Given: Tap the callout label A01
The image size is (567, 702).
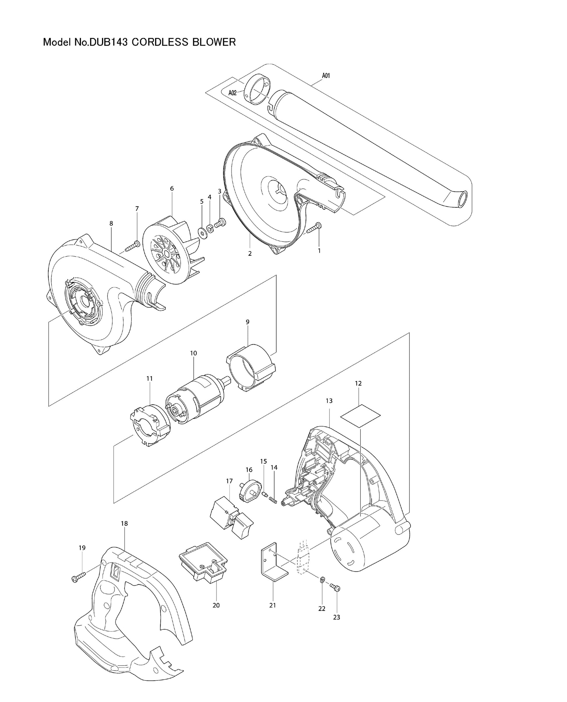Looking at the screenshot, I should tap(326, 76).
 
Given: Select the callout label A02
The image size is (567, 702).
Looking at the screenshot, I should tap(232, 93).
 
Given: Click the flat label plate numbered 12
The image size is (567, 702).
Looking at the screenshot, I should tap(360, 416).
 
